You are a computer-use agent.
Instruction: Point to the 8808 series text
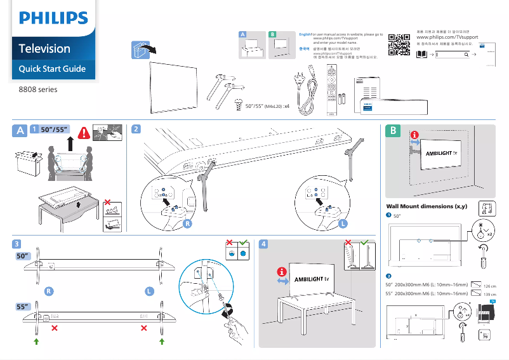click(37, 90)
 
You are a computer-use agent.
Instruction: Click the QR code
click(399, 44)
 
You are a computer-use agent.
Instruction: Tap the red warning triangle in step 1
click(83, 133)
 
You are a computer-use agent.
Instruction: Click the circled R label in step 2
click(187, 223)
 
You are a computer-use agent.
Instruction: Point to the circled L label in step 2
click(343, 223)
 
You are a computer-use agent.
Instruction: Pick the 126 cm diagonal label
click(489, 286)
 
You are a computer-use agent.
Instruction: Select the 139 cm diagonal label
click(489, 295)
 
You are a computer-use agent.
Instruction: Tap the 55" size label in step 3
click(23, 307)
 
